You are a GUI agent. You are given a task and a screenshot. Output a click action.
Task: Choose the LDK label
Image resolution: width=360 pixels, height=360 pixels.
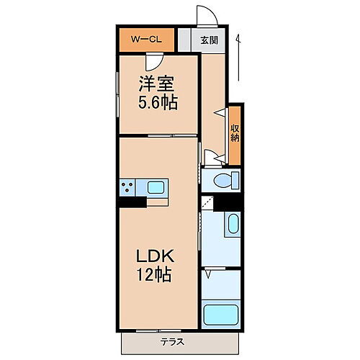[x=156, y=257]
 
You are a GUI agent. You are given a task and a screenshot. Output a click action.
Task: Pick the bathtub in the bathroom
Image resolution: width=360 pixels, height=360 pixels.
[x=223, y=315]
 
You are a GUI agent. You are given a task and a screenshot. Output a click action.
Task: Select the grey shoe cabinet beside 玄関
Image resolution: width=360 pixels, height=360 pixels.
[x=184, y=40]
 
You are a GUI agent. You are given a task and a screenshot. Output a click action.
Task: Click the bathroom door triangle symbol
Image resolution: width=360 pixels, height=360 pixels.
[x=209, y=273]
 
